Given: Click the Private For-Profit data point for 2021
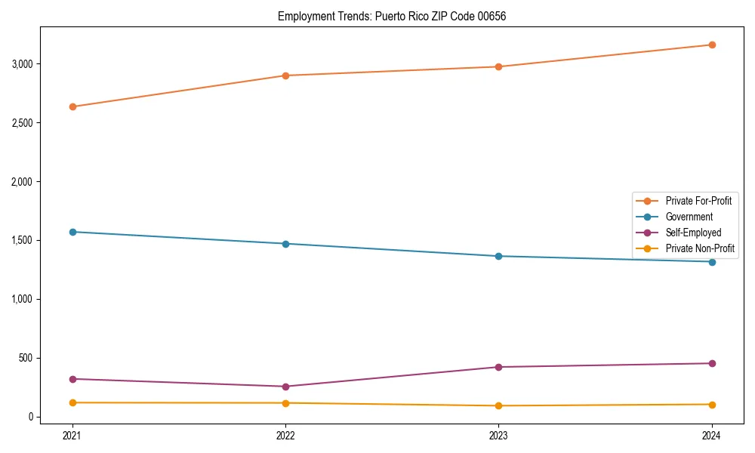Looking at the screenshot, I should point(72,106).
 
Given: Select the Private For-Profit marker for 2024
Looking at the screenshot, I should point(712,45).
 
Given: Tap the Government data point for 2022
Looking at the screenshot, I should point(285,244).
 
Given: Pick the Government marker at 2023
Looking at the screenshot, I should point(498,256).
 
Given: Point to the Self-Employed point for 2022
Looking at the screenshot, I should point(285,387).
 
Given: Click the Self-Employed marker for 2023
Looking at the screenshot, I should point(498,367).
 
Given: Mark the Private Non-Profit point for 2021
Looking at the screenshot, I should point(72,402).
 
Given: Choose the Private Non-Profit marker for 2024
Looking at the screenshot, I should point(712,405).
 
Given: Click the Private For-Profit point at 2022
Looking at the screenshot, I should point(285,75).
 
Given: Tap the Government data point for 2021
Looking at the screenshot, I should point(72,232).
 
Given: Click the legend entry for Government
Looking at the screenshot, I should point(689,217).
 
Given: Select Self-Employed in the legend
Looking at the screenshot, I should point(693,233).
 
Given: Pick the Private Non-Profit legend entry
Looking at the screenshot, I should point(700,248).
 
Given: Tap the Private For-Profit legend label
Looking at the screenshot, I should point(698,201).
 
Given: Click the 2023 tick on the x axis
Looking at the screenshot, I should point(498,435).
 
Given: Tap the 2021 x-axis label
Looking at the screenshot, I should point(72,435).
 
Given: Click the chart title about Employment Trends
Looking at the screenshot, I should point(392,16).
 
